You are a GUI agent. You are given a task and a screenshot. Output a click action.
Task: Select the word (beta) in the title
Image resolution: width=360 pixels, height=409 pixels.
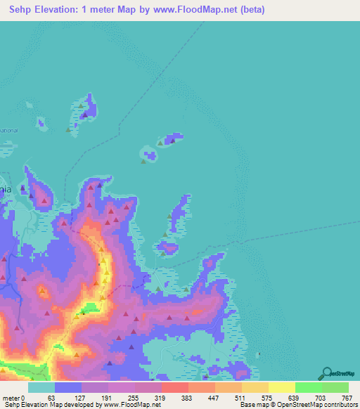(x=251, y=10)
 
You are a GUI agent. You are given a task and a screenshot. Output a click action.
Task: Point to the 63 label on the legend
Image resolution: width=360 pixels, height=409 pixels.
(x=51, y=397)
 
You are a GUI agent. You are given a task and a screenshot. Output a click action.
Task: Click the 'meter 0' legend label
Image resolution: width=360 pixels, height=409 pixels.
(x=13, y=397)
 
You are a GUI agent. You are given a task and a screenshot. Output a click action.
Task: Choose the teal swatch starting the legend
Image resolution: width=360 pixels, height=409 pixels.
(x=41, y=387)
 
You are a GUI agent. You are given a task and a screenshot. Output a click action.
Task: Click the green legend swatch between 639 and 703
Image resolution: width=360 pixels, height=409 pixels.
(x=308, y=387)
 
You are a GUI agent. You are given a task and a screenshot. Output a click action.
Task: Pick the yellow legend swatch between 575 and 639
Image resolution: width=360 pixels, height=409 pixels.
(x=281, y=387)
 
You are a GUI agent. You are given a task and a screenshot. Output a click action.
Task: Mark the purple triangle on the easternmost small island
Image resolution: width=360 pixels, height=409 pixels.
(x=172, y=141)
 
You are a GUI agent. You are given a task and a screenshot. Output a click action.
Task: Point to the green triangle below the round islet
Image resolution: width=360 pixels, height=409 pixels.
(x=144, y=162)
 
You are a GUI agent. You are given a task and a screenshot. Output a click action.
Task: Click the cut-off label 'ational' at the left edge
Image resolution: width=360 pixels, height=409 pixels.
(x=8, y=131)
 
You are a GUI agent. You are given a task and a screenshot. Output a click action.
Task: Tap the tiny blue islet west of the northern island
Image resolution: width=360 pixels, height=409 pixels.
(x=43, y=125)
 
